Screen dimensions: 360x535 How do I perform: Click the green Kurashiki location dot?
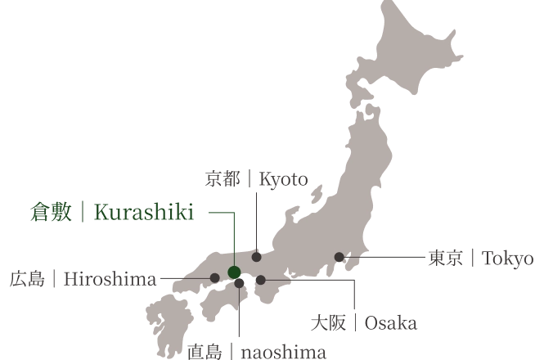234,272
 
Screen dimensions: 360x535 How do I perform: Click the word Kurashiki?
144,214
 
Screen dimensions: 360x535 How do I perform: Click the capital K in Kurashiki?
100,214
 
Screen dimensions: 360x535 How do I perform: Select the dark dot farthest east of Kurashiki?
339,257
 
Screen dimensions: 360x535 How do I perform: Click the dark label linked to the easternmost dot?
480,259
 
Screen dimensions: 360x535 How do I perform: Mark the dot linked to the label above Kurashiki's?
256,257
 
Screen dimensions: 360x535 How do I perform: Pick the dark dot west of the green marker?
214,278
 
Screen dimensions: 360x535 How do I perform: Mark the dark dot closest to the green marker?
239,283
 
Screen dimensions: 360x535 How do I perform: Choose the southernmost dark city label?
254,352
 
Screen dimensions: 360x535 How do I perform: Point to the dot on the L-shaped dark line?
260,280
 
